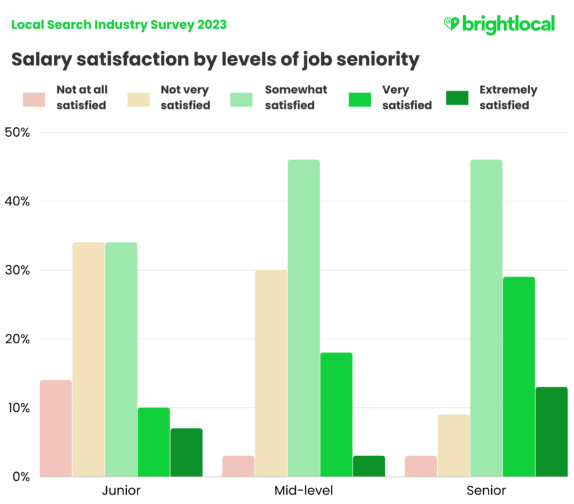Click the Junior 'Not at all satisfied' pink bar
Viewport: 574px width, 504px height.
[55, 428]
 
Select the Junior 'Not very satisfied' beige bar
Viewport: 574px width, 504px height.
[88, 359]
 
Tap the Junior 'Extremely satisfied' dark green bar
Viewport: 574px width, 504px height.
[186, 452]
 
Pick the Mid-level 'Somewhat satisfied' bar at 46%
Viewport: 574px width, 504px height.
[304, 318]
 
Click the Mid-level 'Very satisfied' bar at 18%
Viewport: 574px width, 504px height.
[336, 414]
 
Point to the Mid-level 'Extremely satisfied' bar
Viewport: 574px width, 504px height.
[369, 466]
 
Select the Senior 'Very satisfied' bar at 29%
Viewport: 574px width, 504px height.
[519, 377]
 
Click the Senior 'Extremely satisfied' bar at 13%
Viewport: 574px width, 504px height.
[551, 431]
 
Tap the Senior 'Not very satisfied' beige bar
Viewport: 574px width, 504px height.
[454, 445]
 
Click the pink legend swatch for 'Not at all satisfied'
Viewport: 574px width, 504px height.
[34, 98]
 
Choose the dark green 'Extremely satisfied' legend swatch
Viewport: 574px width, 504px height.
[457, 98]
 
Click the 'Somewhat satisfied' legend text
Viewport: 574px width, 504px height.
[296, 97]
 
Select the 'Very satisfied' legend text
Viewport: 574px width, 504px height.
[406, 97]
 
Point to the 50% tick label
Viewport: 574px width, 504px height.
[17, 132]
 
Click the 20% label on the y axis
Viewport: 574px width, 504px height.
[17, 339]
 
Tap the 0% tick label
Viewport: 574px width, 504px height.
[20, 477]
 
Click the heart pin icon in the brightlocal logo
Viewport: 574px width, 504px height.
[452, 24]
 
